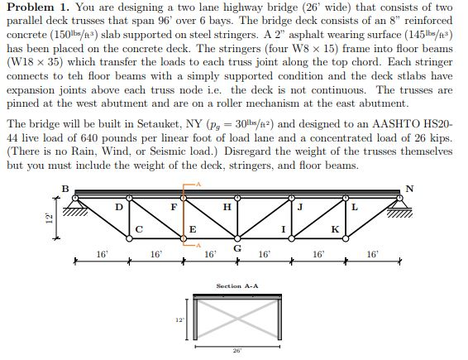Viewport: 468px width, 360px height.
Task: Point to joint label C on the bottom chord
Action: (x=138, y=229)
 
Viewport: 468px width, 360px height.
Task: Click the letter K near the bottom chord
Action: (x=334, y=229)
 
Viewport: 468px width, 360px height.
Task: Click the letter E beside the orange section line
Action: (x=192, y=229)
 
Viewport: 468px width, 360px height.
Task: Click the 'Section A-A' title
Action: (x=237, y=286)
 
